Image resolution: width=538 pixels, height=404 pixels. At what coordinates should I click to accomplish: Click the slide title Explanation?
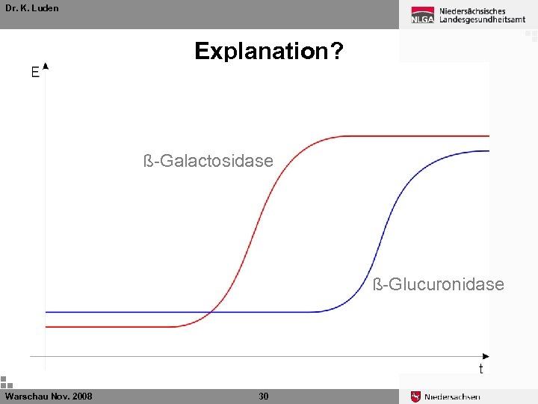point(269,51)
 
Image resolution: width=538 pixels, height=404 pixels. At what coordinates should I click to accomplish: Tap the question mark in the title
point(337,51)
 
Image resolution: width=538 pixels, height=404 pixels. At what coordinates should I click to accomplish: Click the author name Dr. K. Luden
point(31,8)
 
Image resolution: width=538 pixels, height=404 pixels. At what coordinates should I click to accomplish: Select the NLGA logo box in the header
point(422,18)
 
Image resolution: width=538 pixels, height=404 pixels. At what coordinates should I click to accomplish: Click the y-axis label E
point(35,73)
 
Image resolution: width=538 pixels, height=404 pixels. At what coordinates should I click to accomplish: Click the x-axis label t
point(480,369)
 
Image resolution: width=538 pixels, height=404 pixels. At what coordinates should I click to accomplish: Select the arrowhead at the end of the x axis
point(486,356)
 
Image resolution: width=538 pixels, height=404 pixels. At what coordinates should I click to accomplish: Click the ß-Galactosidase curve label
point(208,161)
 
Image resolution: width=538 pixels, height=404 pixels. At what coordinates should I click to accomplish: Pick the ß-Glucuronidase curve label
point(438,284)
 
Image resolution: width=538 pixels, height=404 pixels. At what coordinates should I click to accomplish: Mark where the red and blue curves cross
point(212,311)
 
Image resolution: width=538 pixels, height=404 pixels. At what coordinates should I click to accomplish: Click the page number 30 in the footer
point(263,396)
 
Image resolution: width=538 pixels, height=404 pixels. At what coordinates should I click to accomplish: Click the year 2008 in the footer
point(82,396)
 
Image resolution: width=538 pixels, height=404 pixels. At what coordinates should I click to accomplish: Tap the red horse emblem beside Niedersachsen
point(415,397)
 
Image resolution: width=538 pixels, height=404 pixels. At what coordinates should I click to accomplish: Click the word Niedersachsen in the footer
point(452,397)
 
